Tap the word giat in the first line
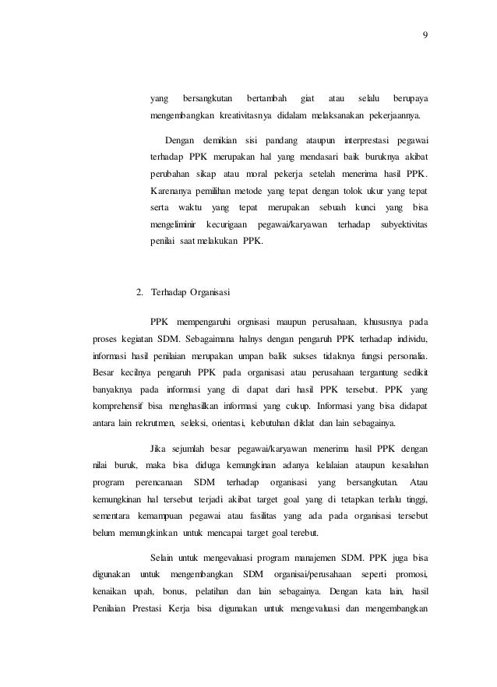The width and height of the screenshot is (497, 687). pyautogui.click(x=306, y=99)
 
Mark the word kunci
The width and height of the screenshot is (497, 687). pyautogui.click(x=365, y=209)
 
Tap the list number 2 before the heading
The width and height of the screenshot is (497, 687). pyautogui.click(x=139, y=294)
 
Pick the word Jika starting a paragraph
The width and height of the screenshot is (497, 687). pyautogui.click(x=158, y=449)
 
